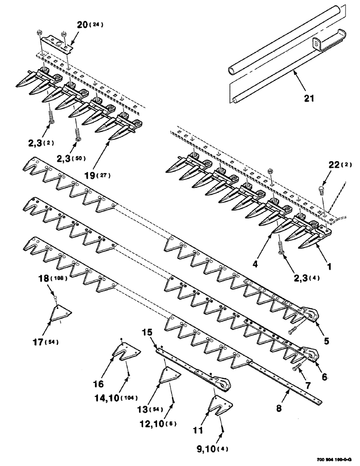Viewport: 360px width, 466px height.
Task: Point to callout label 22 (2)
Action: point(340,164)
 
